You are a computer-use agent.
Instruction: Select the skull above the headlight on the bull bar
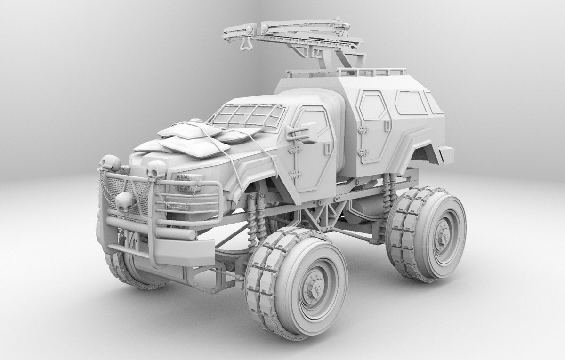pos(156,168)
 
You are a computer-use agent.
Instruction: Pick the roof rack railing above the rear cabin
pos(372,72)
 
